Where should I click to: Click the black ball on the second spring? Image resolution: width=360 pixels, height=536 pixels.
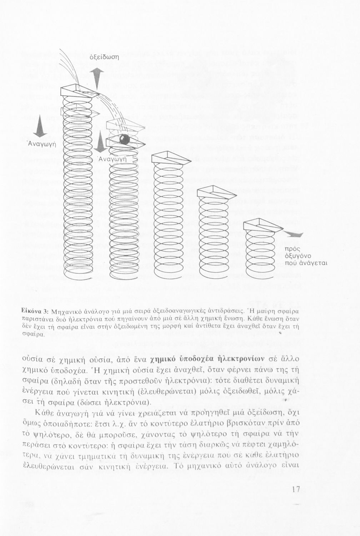(124, 139)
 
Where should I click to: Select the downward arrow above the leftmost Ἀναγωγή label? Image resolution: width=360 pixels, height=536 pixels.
(40, 126)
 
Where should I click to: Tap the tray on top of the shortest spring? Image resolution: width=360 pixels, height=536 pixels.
(262, 225)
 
